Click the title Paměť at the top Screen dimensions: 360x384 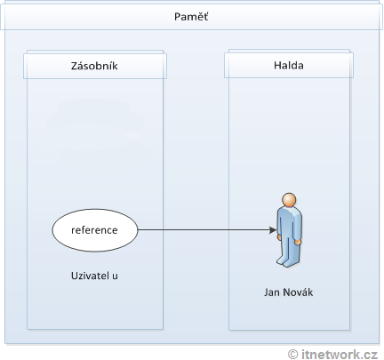click(191, 18)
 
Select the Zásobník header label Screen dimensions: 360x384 click(95, 67)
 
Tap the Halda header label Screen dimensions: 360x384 click(287, 67)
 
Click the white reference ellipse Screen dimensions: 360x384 click(95, 230)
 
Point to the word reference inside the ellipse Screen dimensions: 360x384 click(95, 230)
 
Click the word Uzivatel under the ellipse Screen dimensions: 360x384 click(88, 276)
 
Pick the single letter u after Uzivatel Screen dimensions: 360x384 click(116, 276)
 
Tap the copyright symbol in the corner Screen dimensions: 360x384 click(292, 353)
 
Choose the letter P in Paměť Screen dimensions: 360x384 click(177, 18)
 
